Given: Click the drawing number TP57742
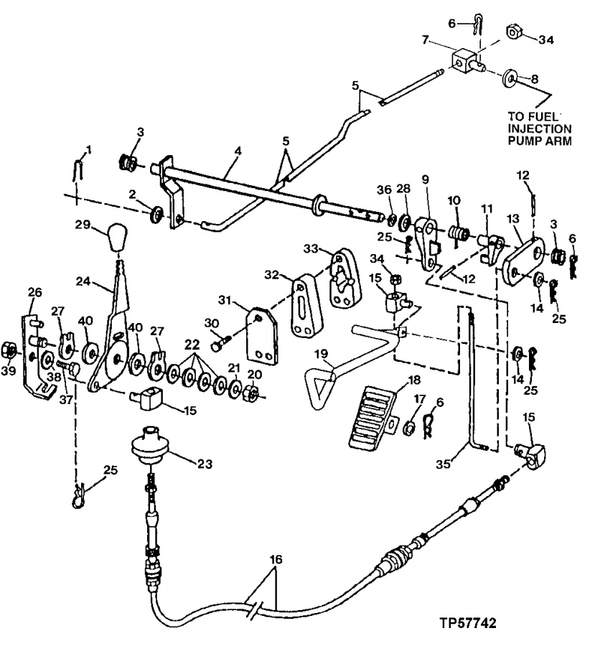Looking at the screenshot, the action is [467, 623].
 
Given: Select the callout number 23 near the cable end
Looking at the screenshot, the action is [204, 464].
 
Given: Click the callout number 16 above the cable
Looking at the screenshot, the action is [276, 559].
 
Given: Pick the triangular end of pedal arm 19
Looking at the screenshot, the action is [319, 388].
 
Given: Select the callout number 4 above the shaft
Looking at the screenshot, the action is [238, 151].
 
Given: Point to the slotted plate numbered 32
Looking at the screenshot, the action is [304, 305].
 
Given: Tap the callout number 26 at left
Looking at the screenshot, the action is [34, 293].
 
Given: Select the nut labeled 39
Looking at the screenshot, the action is [9, 352].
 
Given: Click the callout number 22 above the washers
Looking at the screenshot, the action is [192, 345].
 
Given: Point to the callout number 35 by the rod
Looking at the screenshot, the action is [443, 464].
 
